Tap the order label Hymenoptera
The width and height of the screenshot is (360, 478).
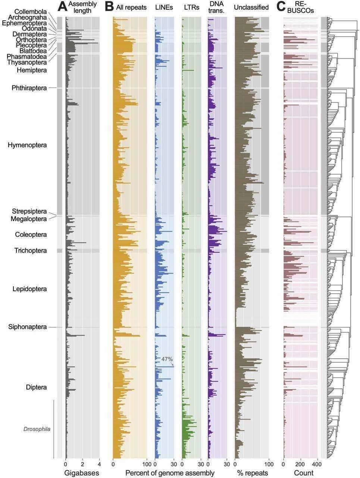27,145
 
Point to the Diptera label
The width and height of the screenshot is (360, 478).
36,387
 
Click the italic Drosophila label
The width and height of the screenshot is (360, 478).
37,429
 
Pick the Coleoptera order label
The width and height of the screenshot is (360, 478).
31,235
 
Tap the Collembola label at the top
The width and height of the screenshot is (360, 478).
31,12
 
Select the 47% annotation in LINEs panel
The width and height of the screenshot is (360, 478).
167,359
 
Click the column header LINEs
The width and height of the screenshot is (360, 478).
164,7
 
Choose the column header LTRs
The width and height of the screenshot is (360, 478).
191,7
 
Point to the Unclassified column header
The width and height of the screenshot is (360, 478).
251,7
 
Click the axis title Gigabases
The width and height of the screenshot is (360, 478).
82,473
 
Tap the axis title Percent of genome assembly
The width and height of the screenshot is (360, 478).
170,473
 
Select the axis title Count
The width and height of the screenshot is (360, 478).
304,473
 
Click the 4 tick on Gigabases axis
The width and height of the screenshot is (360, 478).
99,465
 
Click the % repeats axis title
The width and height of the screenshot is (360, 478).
252,473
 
